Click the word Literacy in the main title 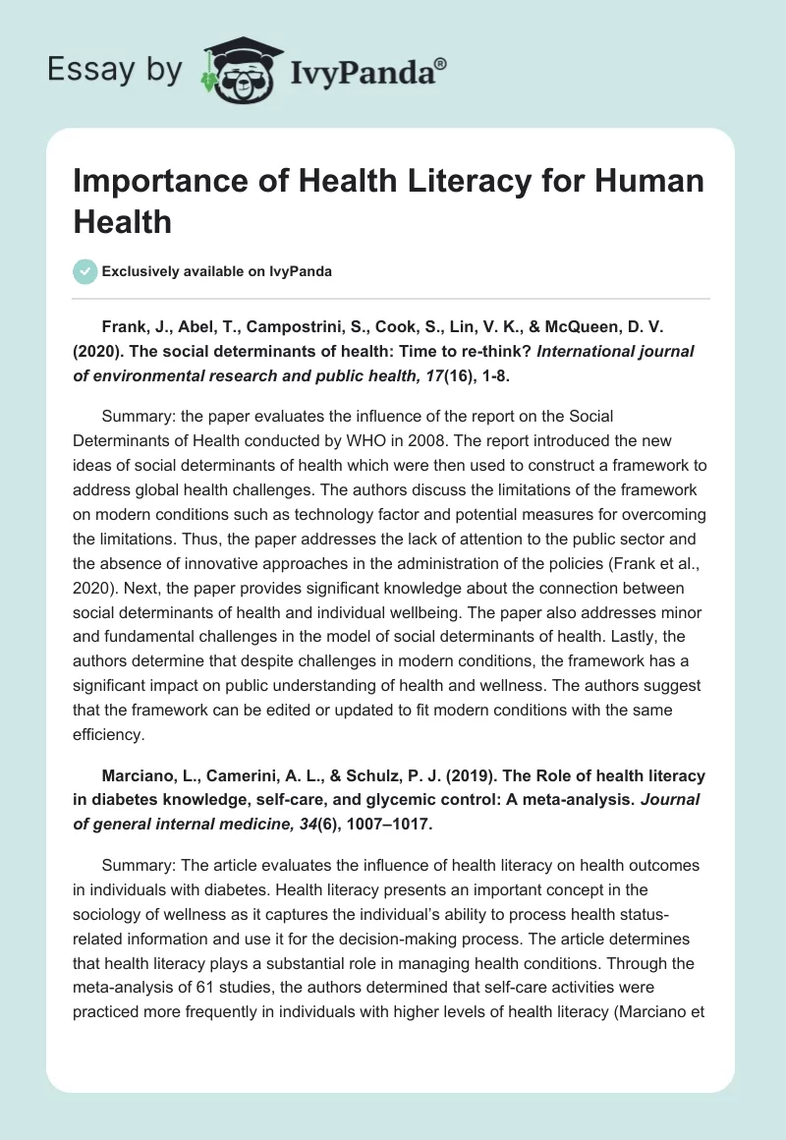click(x=441, y=183)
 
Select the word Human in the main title click(x=646, y=183)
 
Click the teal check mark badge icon click(x=86, y=271)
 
